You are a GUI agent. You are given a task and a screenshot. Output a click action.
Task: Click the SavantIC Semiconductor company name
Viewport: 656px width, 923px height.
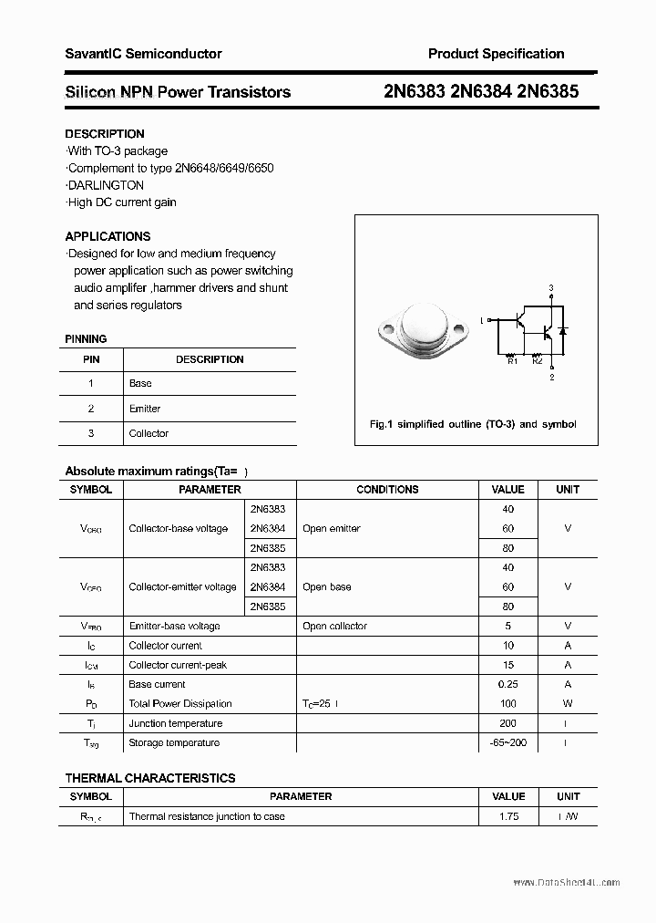click(x=143, y=54)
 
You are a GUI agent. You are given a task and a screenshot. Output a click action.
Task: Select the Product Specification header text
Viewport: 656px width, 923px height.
click(x=496, y=54)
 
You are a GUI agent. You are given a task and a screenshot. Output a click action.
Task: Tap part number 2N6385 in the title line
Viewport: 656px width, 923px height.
click(x=546, y=91)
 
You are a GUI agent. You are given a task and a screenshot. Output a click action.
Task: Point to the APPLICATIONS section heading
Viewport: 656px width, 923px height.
click(x=108, y=236)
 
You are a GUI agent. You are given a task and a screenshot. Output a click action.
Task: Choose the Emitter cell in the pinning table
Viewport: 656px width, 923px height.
click(x=145, y=409)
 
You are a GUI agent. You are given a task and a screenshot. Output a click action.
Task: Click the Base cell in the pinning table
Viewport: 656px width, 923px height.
click(x=140, y=383)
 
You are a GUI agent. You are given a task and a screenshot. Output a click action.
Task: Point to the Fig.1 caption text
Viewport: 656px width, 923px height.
click(x=472, y=424)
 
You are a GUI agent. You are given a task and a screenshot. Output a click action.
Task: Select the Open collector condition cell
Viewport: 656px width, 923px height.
click(x=334, y=627)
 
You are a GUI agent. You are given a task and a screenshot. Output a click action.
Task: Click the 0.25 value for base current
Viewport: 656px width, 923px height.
click(x=507, y=684)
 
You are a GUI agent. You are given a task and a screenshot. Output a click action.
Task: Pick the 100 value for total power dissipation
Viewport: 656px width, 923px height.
click(x=507, y=703)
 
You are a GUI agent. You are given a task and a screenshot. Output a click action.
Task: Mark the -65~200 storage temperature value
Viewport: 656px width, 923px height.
click(x=507, y=742)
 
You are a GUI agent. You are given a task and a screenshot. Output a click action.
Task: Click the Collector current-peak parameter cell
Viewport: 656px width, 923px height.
click(x=178, y=665)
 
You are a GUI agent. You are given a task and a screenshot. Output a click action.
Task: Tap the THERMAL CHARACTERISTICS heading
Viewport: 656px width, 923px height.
click(x=149, y=778)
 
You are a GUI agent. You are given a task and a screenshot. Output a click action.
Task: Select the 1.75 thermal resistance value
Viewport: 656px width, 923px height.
click(x=508, y=816)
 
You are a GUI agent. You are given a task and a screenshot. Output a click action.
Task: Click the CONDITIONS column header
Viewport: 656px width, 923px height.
click(x=387, y=490)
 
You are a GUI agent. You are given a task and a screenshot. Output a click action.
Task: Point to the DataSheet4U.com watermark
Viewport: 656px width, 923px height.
click(x=566, y=882)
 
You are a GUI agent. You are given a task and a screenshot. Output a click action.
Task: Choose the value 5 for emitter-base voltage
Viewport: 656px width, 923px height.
click(x=507, y=627)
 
